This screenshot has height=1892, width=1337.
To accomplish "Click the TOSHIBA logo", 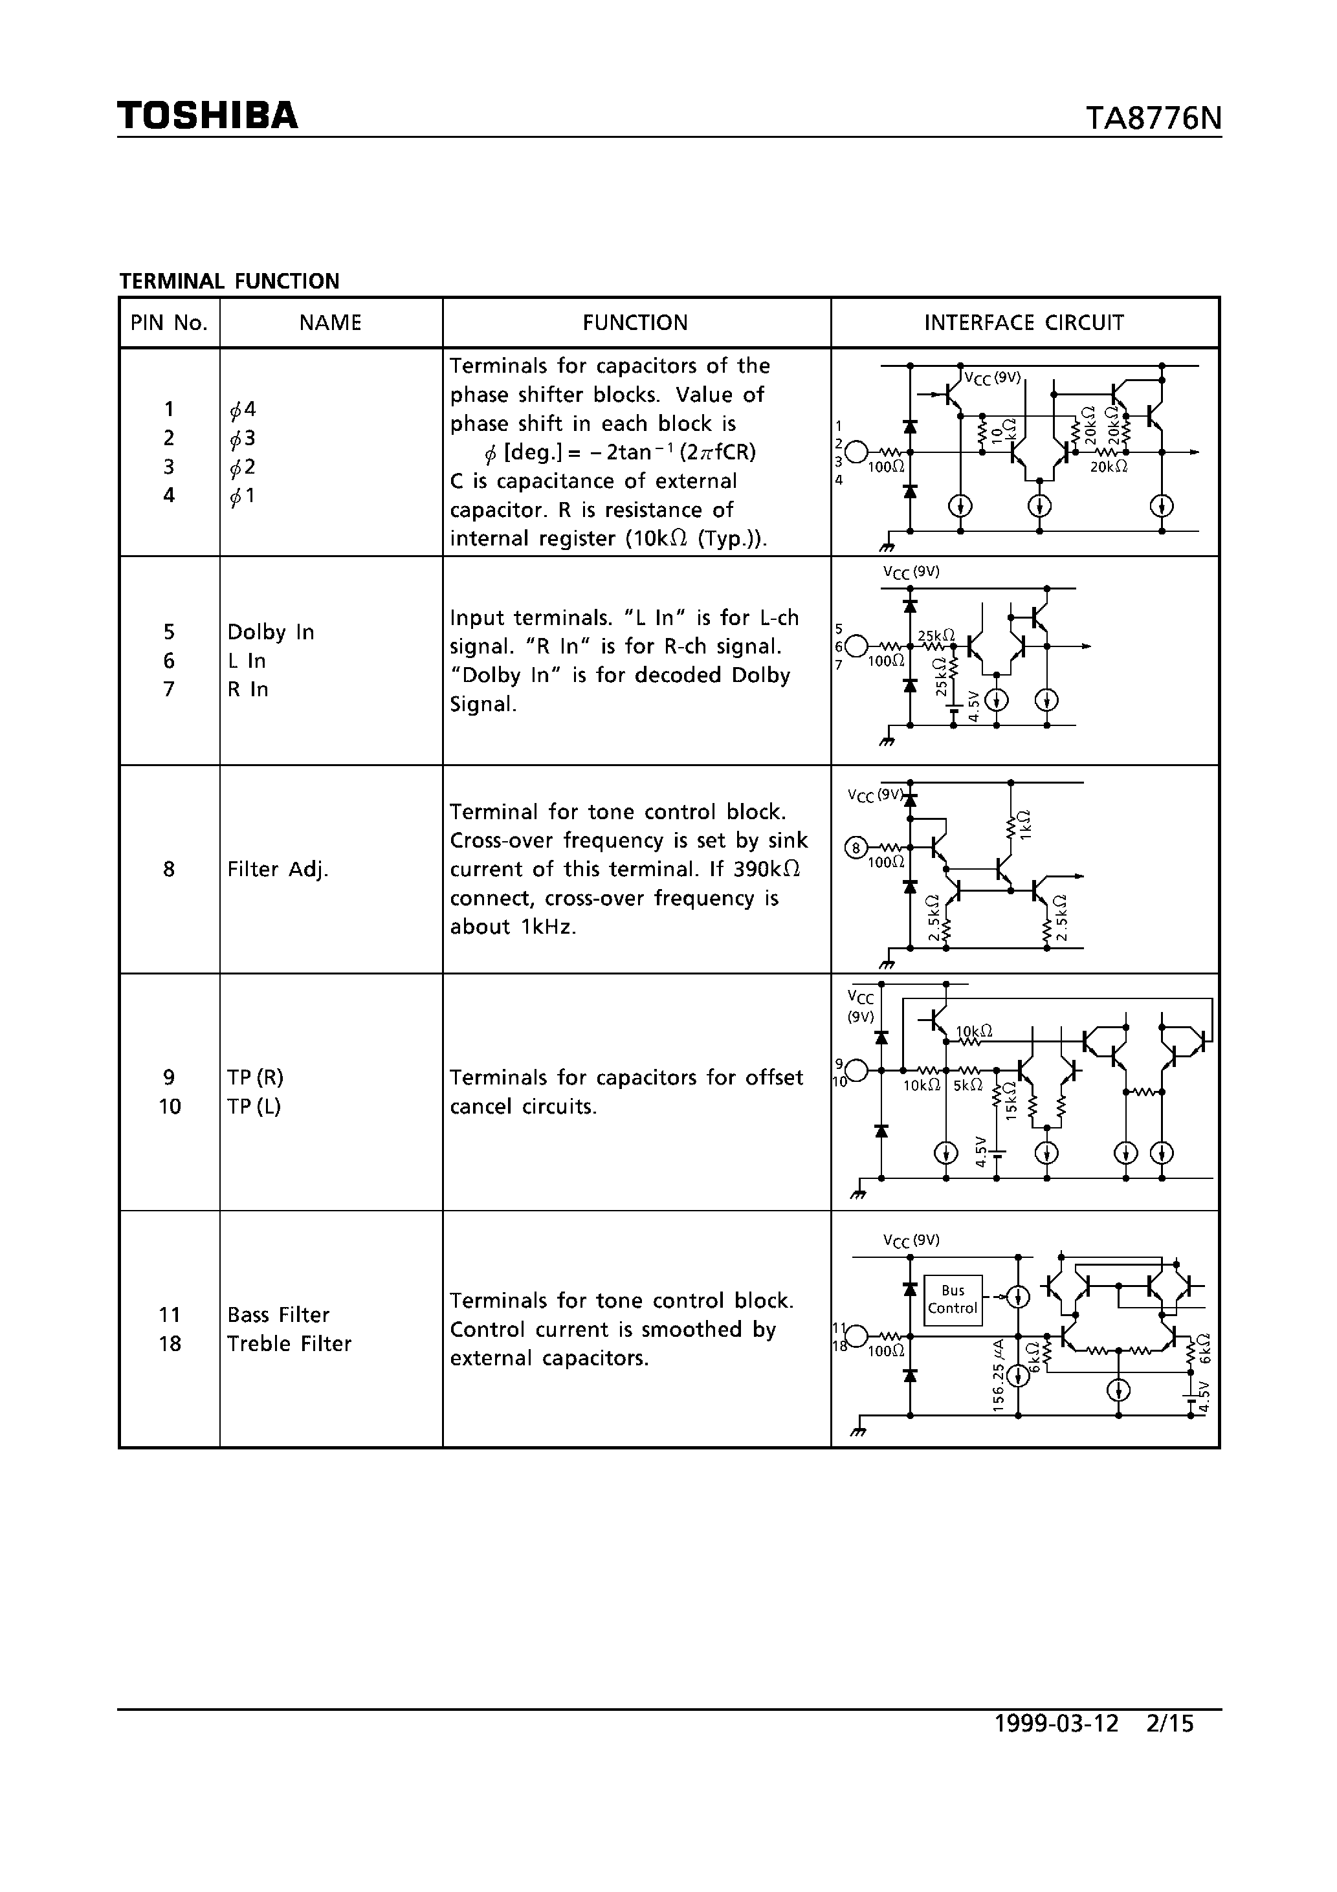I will (207, 115).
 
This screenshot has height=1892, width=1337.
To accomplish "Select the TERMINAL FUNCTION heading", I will (229, 281).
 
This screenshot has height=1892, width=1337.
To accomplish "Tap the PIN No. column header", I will (169, 323).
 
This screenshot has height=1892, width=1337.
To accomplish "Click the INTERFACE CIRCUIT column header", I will (1024, 323).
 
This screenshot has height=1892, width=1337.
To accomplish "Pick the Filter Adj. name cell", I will (278, 870).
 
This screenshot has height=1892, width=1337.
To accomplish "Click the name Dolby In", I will (271, 632).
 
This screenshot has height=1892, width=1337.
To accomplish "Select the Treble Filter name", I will (289, 1344).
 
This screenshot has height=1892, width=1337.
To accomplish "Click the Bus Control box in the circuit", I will (952, 1299).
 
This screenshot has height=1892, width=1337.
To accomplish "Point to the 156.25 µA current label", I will (999, 1376).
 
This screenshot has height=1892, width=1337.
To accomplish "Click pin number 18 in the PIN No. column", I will (169, 1344).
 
